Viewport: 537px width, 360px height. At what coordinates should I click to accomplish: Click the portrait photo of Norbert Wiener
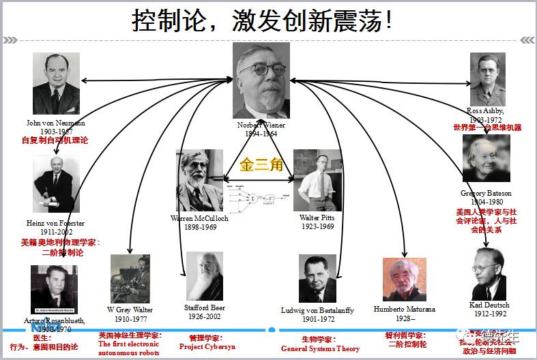[x=262, y=80]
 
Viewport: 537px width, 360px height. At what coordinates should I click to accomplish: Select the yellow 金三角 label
[x=259, y=166]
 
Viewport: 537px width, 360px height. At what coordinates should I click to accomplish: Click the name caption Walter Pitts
[x=317, y=217]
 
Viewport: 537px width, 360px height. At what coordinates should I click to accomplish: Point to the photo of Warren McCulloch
[x=199, y=180]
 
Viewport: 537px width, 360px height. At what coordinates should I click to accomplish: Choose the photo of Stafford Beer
[x=205, y=276]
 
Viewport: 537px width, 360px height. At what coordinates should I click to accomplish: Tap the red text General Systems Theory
[x=320, y=348]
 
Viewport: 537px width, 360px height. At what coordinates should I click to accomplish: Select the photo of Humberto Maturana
[x=404, y=280]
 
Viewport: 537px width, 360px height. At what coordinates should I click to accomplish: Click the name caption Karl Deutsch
[x=489, y=305]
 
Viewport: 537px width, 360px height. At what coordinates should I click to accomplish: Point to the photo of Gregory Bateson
[x=486, y=158]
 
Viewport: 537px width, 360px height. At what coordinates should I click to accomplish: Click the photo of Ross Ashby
[x=487, y=79]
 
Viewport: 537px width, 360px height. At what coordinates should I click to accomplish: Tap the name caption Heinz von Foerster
[x=56, y=223]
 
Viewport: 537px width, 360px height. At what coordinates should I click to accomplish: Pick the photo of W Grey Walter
[x=130, y=279]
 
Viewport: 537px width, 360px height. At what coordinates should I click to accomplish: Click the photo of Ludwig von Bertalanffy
[x=317, y=279]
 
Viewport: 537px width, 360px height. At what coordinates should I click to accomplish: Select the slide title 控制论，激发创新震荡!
[x=263, y=20]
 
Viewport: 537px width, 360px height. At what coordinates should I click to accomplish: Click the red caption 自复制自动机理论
[x=55, y=140]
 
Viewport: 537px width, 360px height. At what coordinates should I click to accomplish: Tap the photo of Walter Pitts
[x=317, y=181]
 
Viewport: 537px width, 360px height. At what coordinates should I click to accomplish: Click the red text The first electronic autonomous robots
[x=128, y=348]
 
